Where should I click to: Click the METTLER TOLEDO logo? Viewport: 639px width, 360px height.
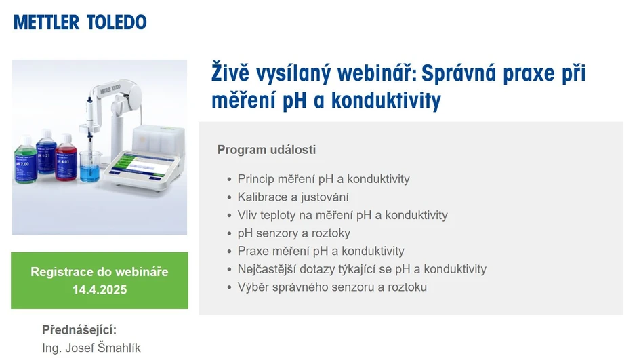click(x=80, y=22)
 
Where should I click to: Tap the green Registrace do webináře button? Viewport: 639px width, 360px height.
click(x=100, y=280)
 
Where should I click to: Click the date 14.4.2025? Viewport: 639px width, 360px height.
click(x=100, y=289)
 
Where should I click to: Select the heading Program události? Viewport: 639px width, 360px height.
click(x=266, y=150)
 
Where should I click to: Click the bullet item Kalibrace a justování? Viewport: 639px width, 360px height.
click(x=293, y=197)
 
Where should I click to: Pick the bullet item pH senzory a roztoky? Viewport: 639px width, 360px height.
click(x=293, y=233)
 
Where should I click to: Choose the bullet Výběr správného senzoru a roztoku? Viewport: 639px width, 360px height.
click(x=332, y=287)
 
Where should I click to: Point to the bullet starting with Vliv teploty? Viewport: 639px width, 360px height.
click(x=342, y=215)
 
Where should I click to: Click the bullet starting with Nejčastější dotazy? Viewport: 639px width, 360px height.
click(x=361, y=269)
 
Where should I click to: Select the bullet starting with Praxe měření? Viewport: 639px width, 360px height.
click(x=321, y=251)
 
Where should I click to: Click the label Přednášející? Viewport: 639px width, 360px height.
click(x=79, y=330)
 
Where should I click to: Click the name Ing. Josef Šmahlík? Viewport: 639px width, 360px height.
click(x=91, y=348)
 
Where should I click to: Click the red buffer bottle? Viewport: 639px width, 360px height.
click(x=66, y=159)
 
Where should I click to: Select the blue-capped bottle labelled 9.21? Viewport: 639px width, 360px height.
click(x=46, y=159)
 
